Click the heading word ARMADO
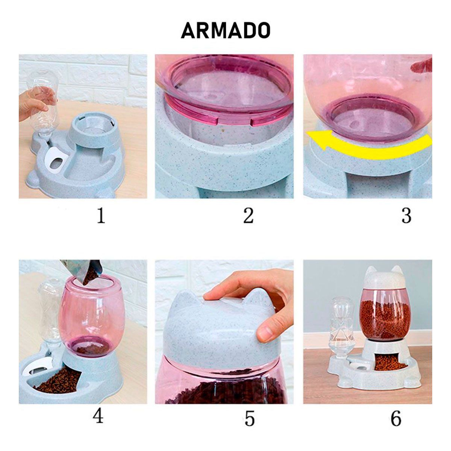point(225,30)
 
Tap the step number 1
point(101,216)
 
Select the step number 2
point(248,216)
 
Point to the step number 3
point(406,216)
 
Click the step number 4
point(98,416)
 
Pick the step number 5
point(249,418)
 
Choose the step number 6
point(396,418)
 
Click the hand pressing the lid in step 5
point(259,297)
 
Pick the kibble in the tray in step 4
point(60,381)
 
